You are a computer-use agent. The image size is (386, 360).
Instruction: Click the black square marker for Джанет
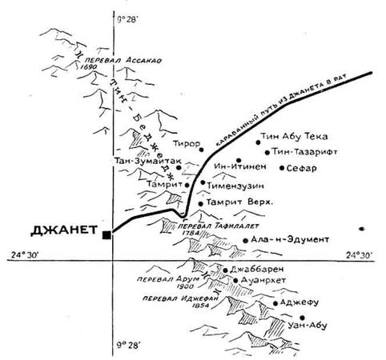click(x=106, y=234)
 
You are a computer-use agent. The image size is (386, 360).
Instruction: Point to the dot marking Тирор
click(x=202, y=149)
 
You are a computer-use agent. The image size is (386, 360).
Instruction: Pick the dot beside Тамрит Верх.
click(x=199, y=204)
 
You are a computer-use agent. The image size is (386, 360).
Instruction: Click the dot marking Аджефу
click(x=275, y=304)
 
